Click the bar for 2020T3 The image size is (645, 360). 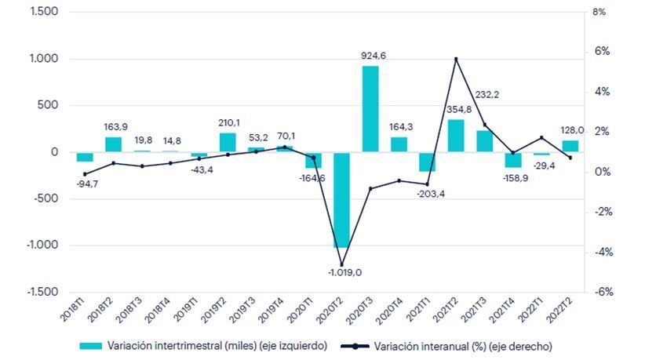[x=370, y=109]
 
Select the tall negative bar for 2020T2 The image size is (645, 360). [x=341, y=199]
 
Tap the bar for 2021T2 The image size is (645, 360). [x=456, y=136]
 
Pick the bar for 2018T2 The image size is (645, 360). [x=113, y=144]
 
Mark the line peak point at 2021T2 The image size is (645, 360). [x=456, y=59]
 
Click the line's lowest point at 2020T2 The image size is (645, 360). [x=341, y=264]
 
